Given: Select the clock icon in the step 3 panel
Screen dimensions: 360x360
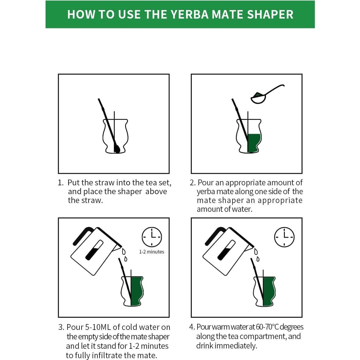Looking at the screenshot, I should (152, 237).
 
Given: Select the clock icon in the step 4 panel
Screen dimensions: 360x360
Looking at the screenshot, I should (284, 237).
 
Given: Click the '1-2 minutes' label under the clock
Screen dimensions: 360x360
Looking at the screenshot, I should (152, 252).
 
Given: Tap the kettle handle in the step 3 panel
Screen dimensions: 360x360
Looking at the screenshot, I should (82, 234).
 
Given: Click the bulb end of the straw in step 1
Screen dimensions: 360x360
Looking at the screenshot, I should (117, 149).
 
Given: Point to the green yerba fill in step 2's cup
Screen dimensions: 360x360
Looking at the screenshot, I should (254, 142).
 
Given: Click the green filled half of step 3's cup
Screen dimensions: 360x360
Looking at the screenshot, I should (137, 291).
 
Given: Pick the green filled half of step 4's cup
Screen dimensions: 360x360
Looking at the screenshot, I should (269, 291).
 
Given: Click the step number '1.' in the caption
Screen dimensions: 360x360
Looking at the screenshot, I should (61, 183).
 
